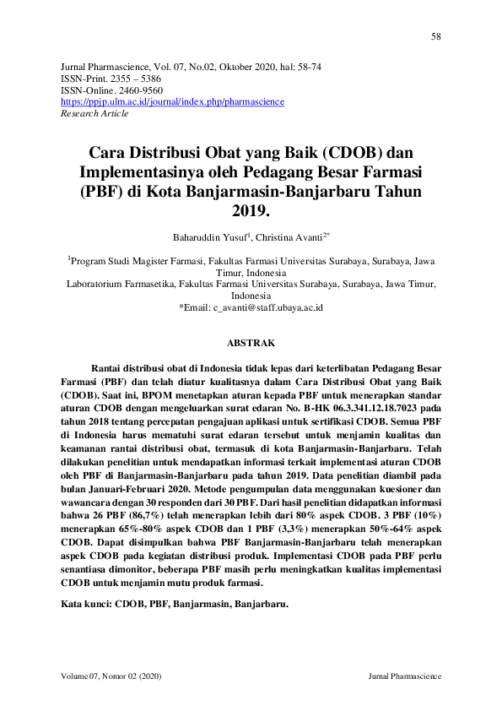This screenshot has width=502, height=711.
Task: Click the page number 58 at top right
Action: point(436,36)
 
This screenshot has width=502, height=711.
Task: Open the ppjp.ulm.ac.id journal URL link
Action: point(173,101)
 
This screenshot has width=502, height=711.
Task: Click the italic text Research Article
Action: point(94,112)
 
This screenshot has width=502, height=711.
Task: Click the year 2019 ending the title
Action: point(251,212)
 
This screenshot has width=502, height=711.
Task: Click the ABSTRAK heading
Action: point(251,344)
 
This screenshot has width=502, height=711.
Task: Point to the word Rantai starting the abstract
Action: point(106,368)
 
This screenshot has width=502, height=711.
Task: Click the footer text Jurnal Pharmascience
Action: point(405,677)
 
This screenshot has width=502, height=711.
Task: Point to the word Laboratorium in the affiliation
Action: point(101,285)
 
